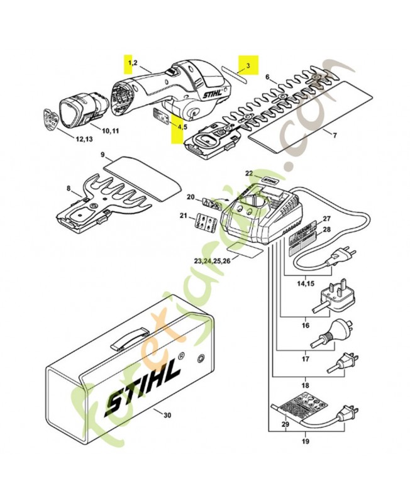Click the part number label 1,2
coord(132,64)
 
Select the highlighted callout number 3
coord(248,65)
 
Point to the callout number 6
coord(267,77)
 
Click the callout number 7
coord(335,135)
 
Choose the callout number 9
coord(102,155)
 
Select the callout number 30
coord(167,416)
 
